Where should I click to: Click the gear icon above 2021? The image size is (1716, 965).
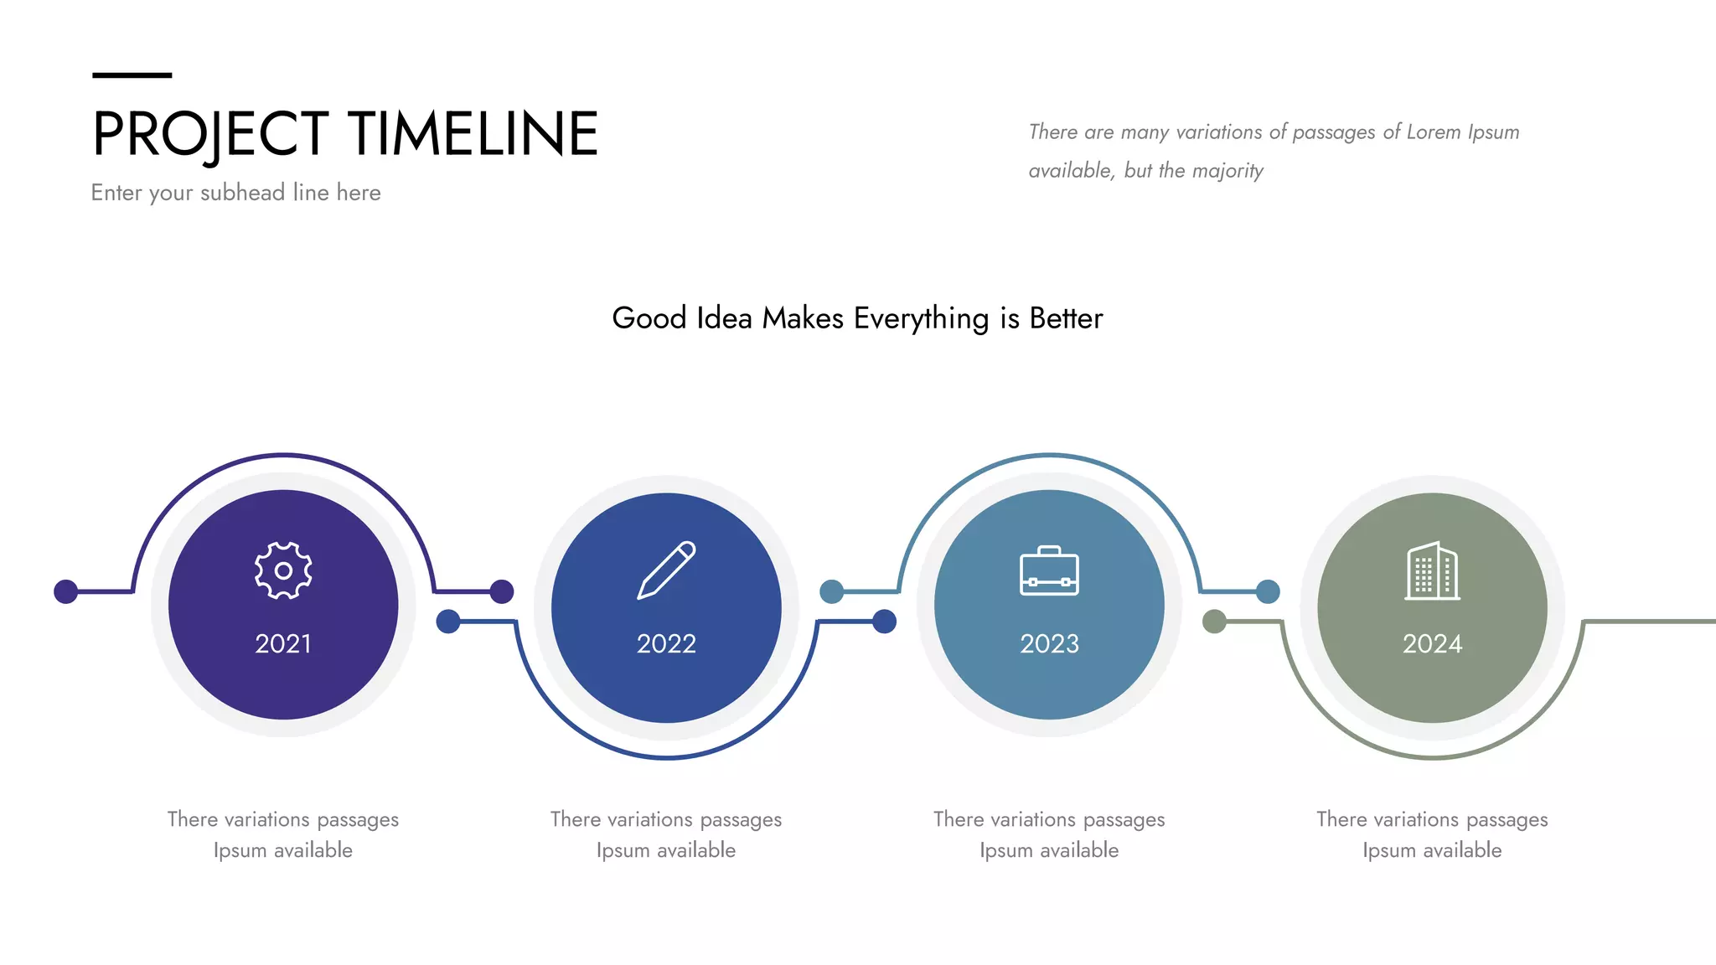click(x=283, y=570)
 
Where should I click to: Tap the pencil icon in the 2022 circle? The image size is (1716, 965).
click(x=666, y=570)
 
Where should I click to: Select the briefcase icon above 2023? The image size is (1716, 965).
click(x=1049, y=571)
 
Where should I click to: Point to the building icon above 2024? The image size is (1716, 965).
click(x=1432, y=571)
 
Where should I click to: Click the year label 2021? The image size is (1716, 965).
click(x=283, y=643)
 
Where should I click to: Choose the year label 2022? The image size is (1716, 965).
click(x=666, y=643)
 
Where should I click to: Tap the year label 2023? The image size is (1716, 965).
click(x=1049, y=643)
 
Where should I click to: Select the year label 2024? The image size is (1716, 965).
click(x=1432, y=643)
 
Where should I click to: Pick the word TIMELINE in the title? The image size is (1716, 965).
click(x=473, y=134)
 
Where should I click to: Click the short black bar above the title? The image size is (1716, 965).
click(x=132, y=75)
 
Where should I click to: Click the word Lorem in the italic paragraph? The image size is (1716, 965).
click(x=1433, y=132)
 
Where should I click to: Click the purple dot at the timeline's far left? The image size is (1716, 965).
click(x=65, y=591)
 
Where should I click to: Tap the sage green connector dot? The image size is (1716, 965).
click(x=1214, y=622)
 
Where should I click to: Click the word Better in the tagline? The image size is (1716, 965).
click(x=1066, y=319)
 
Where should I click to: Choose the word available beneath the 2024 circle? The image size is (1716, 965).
click(x=1462, y=850)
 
